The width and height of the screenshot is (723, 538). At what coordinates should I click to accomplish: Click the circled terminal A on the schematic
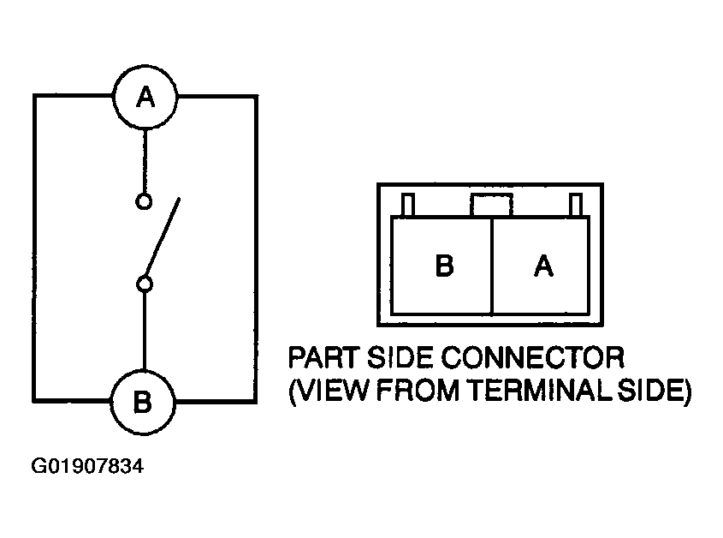pyautogui.click(x=145, y=97)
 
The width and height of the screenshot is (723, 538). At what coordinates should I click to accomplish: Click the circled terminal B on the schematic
pyautogui.click(x=143, y=402)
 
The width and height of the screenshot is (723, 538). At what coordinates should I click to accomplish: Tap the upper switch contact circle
pyautogui.click(x=144, y=202)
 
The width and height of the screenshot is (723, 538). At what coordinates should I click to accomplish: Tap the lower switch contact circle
pyautogui.click(x=145, y=284)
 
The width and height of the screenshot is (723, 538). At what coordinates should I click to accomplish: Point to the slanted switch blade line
pyautogui.click(x=163, y=237)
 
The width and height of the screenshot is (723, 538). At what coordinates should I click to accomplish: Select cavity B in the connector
pyautogui.click(x=441, y=266)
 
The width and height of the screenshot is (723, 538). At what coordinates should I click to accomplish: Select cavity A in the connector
pyautogui.click(x=541, y=266)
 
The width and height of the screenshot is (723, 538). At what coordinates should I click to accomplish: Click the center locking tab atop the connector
pyautogui.click(x=491, y=205)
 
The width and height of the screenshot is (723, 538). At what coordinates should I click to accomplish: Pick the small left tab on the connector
pyautogui.click(x=407, y=205)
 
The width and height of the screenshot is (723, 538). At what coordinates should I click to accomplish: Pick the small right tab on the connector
pyautogui.click(x=576, y=205)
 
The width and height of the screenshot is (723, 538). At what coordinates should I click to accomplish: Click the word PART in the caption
pyautogui.click(x=323, y=357)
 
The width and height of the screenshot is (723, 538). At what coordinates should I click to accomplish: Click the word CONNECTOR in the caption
pyautogui.click(x=532, y=357)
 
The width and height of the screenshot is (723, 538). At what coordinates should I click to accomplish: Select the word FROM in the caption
pyautogui.click(x=418, y=392)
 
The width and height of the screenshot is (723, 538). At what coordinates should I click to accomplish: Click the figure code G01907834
pyautogui.click(x=87, y=466)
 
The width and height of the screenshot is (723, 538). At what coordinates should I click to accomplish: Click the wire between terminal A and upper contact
pyautogui.click(x=145, y=161)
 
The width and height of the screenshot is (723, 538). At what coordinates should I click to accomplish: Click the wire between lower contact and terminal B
pyautogui.click(x=145, y=332)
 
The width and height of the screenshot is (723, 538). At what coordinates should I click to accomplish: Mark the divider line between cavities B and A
pyautogui.click(x=492, y=266)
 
